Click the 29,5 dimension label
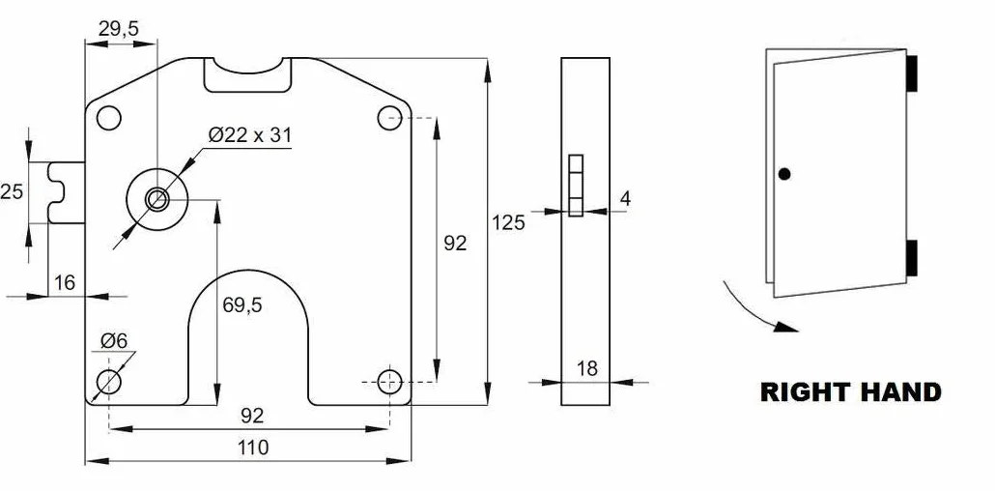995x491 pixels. pyautogui.click(x=119, y=28)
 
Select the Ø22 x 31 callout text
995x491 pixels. pyautogui.click(x=250, y=134)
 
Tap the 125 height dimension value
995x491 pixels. pyautogui.click(x=508, y=222)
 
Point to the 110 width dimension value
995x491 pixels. pyautogui.click(x=253, y=448)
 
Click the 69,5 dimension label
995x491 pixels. pyautogui.click(x=242, y=304)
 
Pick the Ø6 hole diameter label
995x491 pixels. pyautogui.click(x=114, y=341)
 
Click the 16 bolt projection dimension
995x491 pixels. pyautogui.click(x=65, y=282)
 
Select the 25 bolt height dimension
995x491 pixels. pyautogui.click(x=12, y=191)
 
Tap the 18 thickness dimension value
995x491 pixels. pyautogui.click(x=587, y=368)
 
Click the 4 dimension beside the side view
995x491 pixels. pyautogui.click(x=625, y=198)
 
